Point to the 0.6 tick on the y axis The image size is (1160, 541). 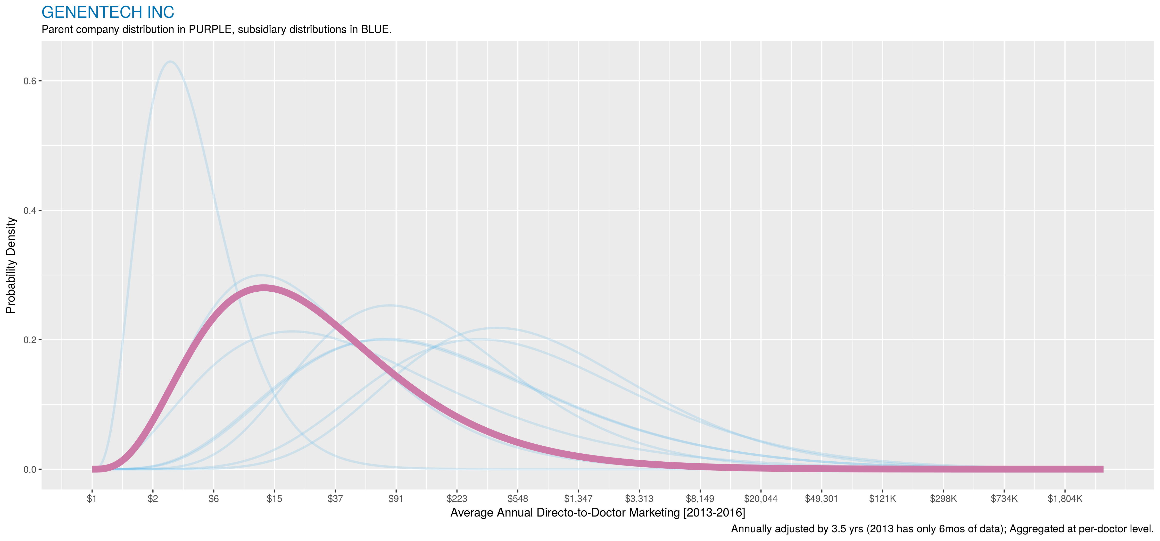click(x=30, y=81)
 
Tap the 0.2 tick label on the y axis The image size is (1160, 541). click(x=30, y=340)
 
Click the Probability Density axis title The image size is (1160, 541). click(x=11, y=266)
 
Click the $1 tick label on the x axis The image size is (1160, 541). click(x=92, y=499)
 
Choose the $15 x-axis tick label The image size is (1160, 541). click(x=274, y=499)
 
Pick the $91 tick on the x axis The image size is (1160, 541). click(x=396, y=499)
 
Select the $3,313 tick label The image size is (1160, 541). click(x=639, y=499)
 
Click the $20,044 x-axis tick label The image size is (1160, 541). click(x=761, y=499)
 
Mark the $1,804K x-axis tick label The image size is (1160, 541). click(x=1065, y=499)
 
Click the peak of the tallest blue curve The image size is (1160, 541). click(x=170, y=62)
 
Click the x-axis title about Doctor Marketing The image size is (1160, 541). click(x=598, y=513)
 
